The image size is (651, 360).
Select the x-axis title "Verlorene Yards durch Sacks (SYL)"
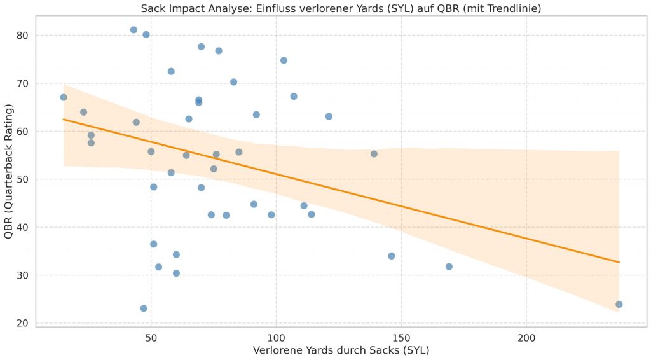[x=341, y=350]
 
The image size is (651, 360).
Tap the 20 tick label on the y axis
[x=22, y=323]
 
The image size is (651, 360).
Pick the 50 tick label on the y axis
[x=22, y=179]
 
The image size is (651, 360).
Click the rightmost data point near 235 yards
[x=619, y=304]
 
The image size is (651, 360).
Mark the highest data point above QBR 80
[x=134, y=30]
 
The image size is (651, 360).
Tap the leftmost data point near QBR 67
[x=64, y=97]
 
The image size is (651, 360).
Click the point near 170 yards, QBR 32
[x=449, y=267]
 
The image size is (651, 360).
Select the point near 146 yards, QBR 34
[x=391, y=256]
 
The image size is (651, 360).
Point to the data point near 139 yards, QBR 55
[x=374, y=154]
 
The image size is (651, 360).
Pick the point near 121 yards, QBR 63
[x=329, y=116]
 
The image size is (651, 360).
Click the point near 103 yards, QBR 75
[x=284, y=60]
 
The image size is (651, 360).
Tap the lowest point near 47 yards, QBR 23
[x=144, y=308]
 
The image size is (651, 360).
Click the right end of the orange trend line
[x=619, y=262]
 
